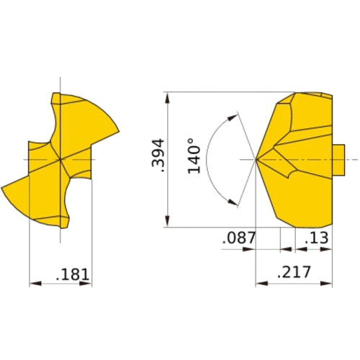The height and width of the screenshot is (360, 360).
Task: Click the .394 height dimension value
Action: coord(161,156)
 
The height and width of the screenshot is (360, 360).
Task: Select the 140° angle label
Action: coord(193,156)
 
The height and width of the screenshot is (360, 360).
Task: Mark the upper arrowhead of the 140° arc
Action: coord(233,115)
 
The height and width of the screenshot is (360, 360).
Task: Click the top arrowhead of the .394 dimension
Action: coord(168,96)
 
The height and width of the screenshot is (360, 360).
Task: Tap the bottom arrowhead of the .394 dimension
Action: coord(168,224)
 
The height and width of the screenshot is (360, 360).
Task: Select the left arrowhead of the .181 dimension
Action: coord(33,284)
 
